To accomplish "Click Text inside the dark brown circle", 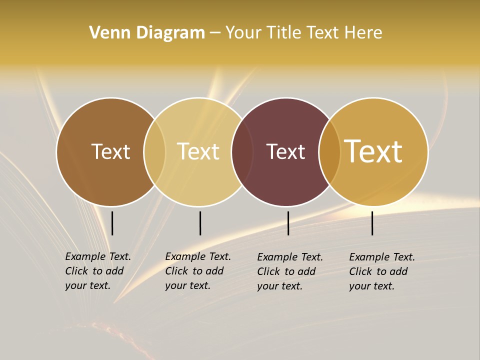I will [110, 151].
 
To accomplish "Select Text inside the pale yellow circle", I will [198, 151].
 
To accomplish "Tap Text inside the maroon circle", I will [285, 151].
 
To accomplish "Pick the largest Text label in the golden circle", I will [373, 151].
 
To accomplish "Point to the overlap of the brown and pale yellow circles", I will [154, 151].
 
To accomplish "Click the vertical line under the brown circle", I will [112, 223].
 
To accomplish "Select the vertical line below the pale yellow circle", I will [200, 223].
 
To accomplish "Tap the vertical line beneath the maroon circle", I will [288, 223].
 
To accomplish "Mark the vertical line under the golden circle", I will [372, 223].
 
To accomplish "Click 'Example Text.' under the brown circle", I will [98, 256].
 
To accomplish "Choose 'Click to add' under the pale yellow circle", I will [194, 271].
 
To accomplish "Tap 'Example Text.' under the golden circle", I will [382, 257].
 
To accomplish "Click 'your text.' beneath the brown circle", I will [88, 285].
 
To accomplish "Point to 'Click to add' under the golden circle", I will [378, 271].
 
